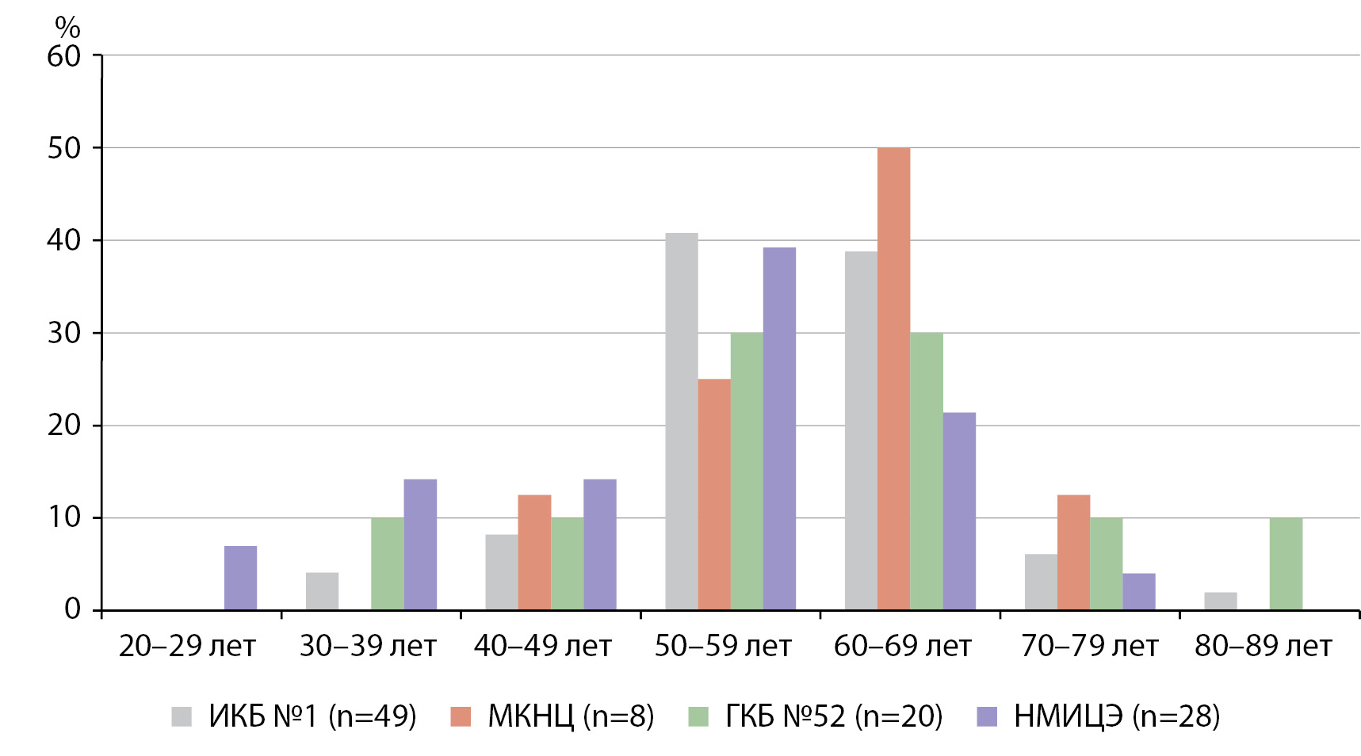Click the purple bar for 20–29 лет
(240, 578)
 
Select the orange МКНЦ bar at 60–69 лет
(893, 379)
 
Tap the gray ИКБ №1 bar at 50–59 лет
(682, 422)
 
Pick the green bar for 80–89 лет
(1286, 563)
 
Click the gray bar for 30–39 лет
(322, 591)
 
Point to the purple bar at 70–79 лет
(1139, 591)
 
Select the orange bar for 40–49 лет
(534, 552)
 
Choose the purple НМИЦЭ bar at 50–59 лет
(779, 429)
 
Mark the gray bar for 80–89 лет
(1221, 601)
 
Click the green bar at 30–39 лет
(388, 563)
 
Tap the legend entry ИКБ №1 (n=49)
(294, 716)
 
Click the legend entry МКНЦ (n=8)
(552, 716)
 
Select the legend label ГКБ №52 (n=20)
(834, 716)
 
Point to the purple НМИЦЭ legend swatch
(987, 716)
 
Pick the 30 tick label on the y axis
(64, 333)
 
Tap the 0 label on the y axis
(73, 609)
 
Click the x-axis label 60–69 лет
(902, 647)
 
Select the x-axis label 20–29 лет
(187, 647)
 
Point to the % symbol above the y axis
(67, 28)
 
